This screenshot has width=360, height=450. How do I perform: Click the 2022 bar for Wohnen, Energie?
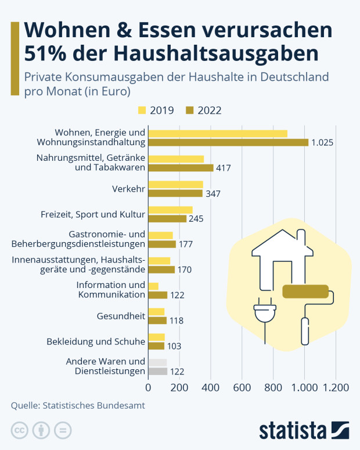click(228, 142)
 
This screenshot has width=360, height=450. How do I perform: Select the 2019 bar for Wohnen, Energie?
click(218, 134)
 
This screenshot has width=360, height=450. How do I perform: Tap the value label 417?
click(223, 168)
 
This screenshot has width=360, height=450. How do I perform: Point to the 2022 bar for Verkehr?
click(175, 193)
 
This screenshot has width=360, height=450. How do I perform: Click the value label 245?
click(195, 219)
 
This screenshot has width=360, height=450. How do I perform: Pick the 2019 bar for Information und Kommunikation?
click(153, 286)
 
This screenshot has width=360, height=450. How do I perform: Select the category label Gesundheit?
click(120, 316)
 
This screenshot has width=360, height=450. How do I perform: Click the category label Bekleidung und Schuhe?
click(95, 341)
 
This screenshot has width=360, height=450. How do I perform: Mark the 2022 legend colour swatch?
click(189, 110)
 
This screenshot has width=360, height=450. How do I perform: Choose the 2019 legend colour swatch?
click(142, 110)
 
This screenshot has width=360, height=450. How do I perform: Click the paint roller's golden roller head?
click(305, 291)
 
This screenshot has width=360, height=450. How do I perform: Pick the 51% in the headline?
click(46, 53)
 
